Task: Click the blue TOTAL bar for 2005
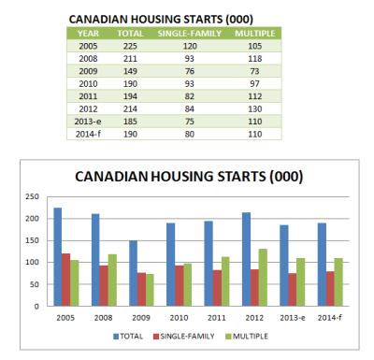tap(58, 257)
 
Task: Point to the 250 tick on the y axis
tap(36, 197)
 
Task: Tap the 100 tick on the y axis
tap(36, 263)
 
